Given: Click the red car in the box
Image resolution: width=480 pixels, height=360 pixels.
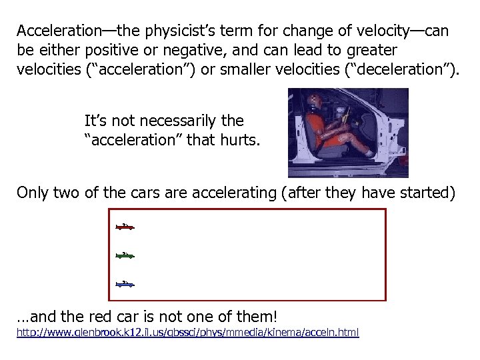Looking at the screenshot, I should [x=125, y=227].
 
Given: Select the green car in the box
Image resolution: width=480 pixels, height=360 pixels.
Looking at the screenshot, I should [x=125, y=255].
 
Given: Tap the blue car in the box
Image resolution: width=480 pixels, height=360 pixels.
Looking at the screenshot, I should [x=125, y=284].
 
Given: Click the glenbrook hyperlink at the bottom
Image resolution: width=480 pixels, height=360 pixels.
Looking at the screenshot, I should [x=187, y=332].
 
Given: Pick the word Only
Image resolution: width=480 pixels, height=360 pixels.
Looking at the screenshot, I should [x=32, y=193].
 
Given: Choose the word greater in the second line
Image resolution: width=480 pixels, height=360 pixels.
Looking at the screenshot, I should [x=373, y=50].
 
